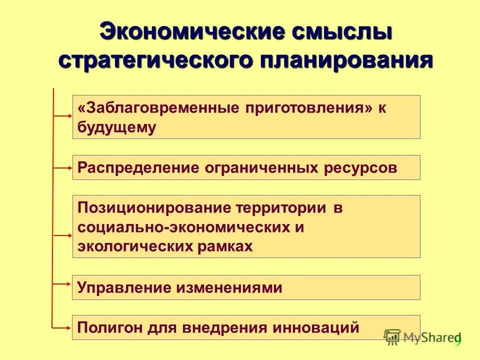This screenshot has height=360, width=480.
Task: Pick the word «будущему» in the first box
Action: coord(116,127)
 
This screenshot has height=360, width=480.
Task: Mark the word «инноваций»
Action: coord(318,327)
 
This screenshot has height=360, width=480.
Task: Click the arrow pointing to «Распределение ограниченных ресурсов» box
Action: coord(63,168)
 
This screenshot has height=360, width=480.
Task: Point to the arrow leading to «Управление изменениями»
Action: coord(63,283)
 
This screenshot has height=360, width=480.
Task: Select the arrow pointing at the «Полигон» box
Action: coord(63,327)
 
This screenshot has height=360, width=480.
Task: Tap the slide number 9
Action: coord(457,340)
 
